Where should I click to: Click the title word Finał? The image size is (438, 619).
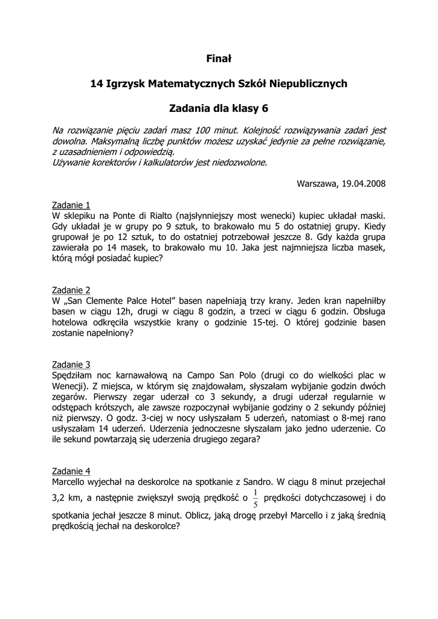coord(219,59)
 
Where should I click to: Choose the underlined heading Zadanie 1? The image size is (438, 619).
coord(71,204)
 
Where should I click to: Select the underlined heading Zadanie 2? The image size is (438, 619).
coord(71,290)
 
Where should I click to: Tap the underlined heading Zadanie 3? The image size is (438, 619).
coord(71,365)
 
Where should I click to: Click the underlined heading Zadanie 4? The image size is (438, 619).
coord(71,471)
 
